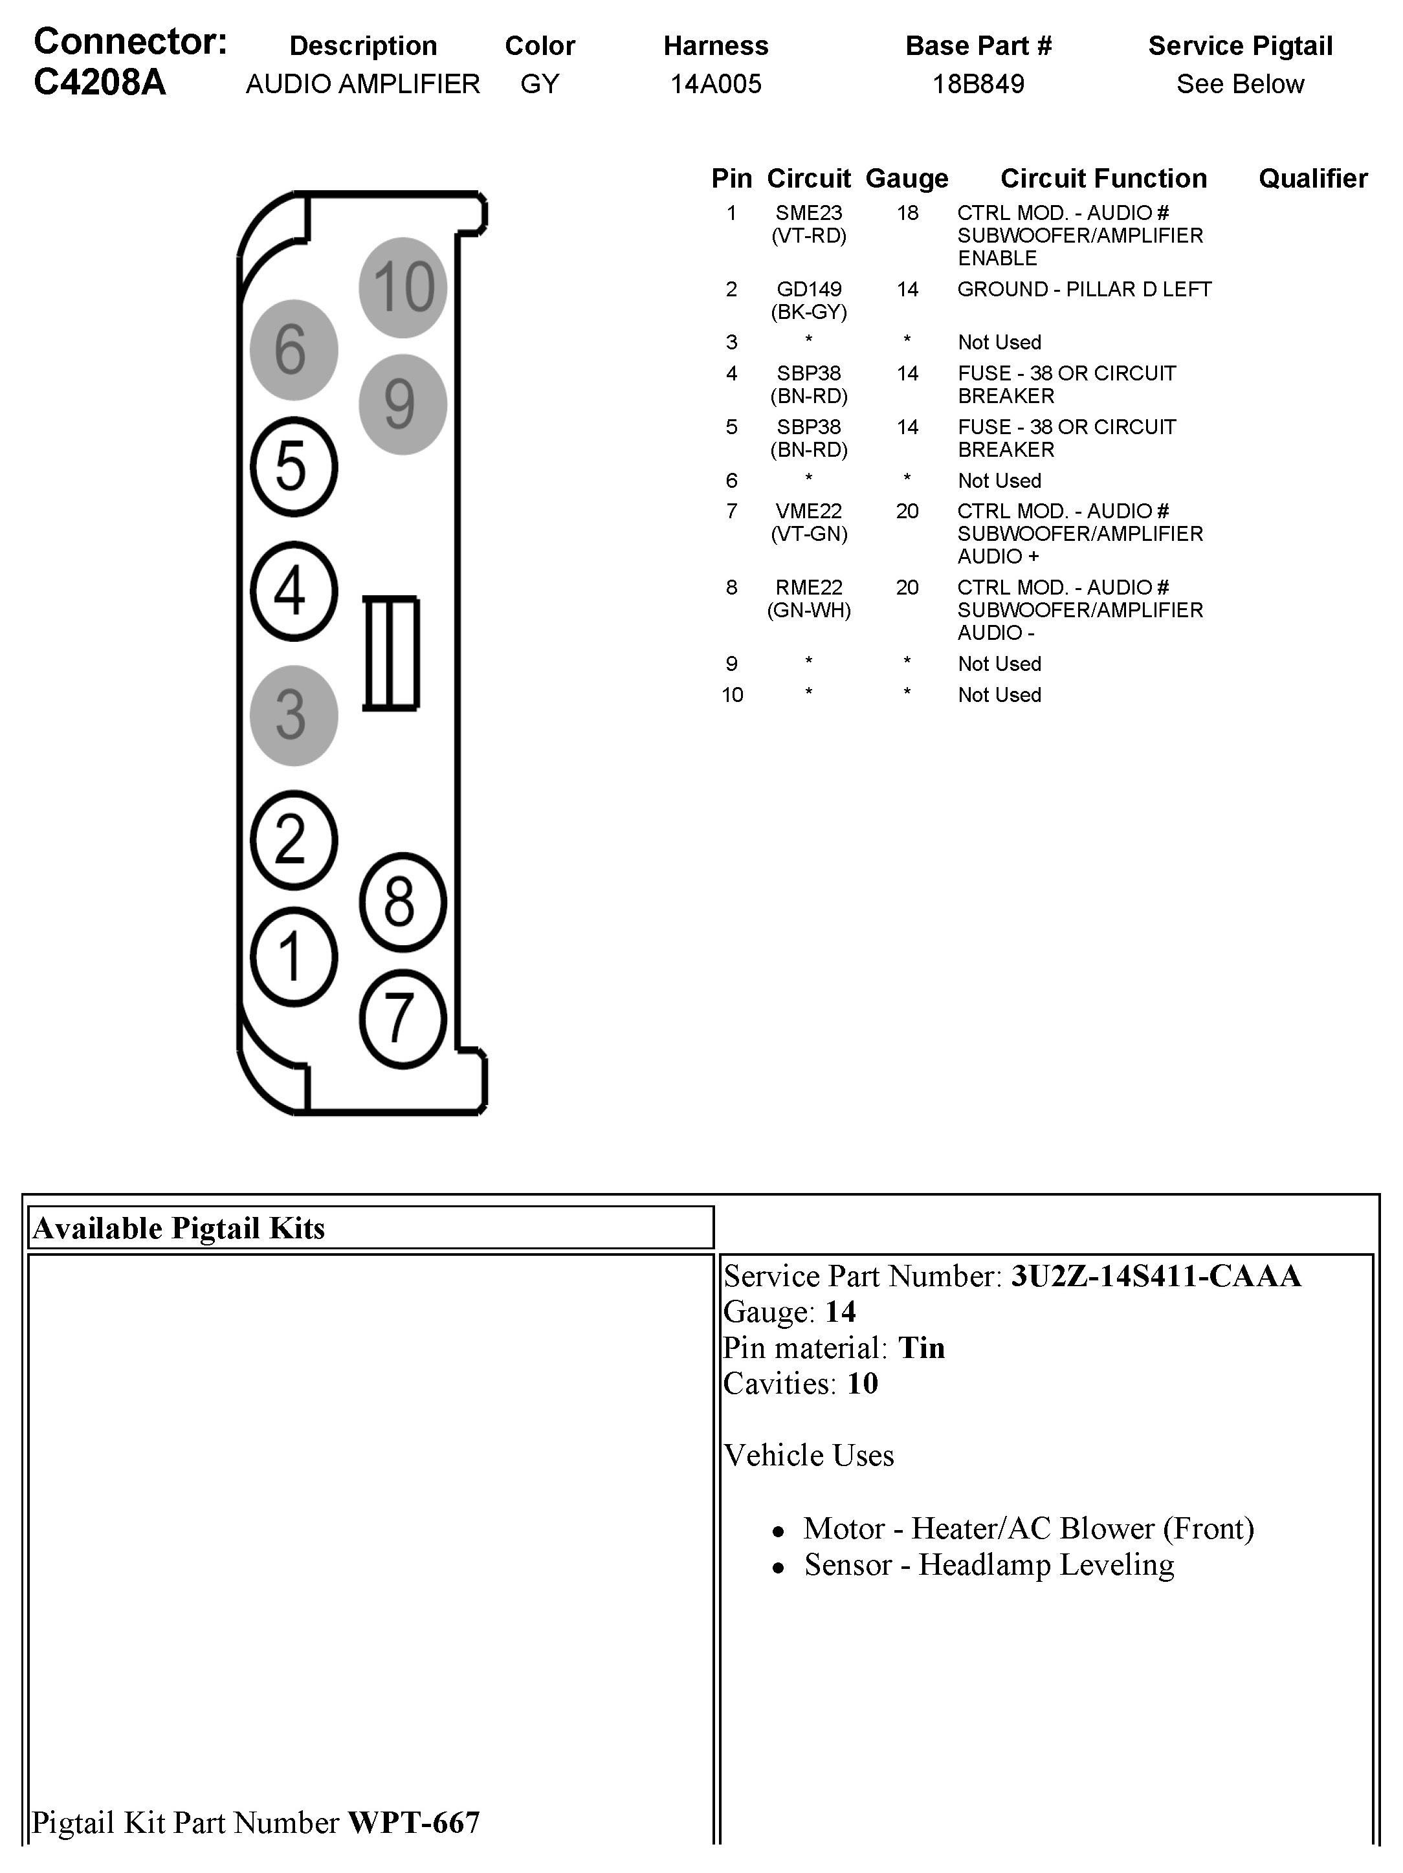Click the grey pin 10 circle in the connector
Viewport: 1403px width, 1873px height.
pos(403,287)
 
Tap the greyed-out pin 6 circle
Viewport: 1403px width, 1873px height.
pos(293,350)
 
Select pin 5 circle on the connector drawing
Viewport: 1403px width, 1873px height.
pos(293,466)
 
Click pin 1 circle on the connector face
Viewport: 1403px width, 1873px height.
pos(293,957)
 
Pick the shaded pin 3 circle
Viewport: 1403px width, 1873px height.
pos(293,716)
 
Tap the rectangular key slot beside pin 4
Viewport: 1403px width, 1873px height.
pos(390,653)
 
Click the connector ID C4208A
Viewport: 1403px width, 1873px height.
pos(100,83)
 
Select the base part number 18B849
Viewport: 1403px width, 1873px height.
pos(978,84)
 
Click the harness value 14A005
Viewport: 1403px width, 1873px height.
pos(716,84)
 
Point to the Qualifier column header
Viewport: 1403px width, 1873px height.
pos(1312,179)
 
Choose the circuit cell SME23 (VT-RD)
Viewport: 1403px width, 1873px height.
pos(809,225)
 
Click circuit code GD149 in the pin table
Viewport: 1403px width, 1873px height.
pos(809,290)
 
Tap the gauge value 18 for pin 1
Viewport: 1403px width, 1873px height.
pos(907,214)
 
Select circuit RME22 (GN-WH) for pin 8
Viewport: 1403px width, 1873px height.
pos(809,598)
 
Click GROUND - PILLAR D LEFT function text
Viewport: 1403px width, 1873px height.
pos(1084,290)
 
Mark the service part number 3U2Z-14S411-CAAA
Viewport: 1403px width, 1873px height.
pos(1155,1275)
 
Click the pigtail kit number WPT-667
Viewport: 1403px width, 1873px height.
pos(414,1822)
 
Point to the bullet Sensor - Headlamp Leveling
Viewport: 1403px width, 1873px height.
pos(988,1565)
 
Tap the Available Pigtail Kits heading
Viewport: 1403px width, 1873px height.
pos(179,1228)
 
